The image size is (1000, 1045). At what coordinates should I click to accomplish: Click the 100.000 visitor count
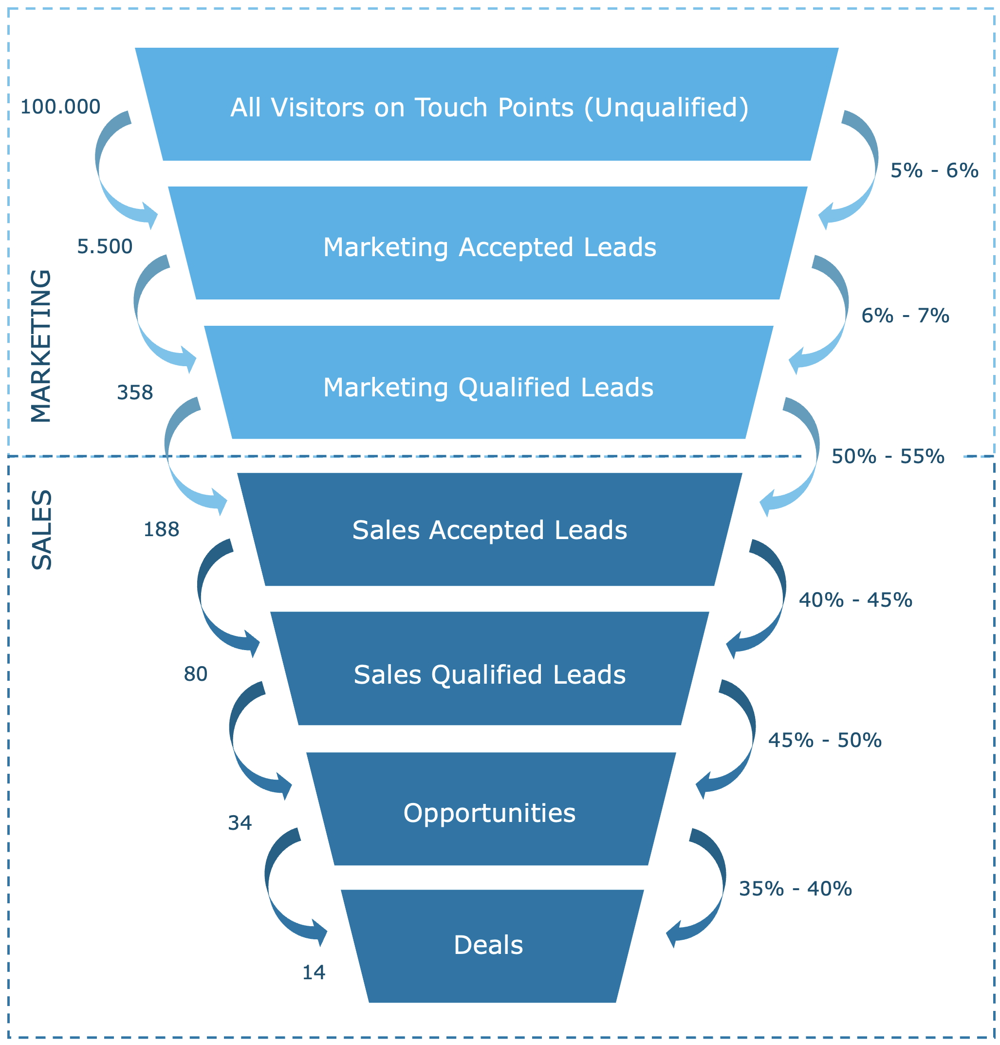[60, 107]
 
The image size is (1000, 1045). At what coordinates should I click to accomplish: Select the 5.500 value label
[105, 246]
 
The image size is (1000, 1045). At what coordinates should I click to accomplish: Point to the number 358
[135, 392]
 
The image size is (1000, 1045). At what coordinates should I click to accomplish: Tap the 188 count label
[161, 529]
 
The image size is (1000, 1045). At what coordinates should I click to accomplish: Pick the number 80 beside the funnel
[195, 674]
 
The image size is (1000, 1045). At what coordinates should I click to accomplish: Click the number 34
[240, 823]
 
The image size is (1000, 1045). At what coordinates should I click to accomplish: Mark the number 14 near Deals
[314, 972]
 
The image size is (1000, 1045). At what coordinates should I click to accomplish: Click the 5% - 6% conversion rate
[934, 170]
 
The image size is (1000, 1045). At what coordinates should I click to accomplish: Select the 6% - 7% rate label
[905, 316]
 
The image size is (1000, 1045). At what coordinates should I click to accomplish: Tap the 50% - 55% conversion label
[888, 456]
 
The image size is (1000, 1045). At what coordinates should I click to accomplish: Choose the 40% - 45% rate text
[855, 600]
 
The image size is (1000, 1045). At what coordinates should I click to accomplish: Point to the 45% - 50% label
[825, 740]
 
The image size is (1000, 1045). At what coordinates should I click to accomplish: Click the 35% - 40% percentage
[795, 889]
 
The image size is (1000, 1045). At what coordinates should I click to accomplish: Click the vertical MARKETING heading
[41, 347]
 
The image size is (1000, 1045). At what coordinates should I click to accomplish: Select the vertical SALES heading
[41, 530]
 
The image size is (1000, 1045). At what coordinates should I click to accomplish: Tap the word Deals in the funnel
[488, 945]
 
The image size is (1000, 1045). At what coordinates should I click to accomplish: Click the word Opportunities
[489, 813]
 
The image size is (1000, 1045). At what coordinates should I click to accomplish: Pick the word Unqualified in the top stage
[667, 107]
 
